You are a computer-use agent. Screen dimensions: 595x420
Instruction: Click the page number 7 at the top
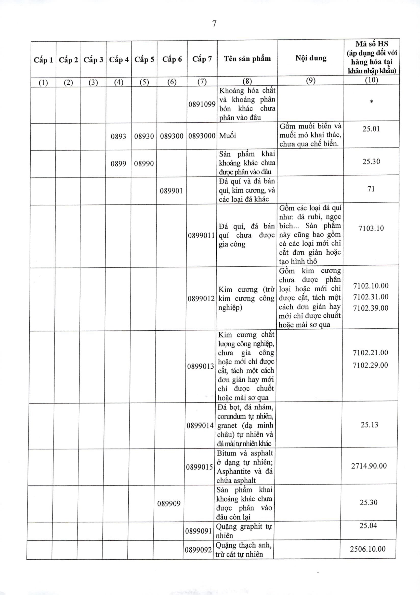(x=214, y=24)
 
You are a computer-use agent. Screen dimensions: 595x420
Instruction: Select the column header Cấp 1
(x=43, y=60)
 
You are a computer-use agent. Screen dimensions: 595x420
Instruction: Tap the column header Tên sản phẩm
(x=247, y=59)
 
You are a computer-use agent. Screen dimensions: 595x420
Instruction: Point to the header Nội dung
(x=311, y=58)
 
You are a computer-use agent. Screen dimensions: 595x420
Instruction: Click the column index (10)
(x=372, y=80)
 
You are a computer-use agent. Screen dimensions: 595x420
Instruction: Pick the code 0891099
(x=202, y=105)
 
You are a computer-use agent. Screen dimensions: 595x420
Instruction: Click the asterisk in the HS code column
(x=372, y=102)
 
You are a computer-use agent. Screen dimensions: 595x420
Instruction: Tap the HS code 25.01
(x=371, y=129)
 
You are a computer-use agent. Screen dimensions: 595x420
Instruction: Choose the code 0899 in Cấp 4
(x=119, y=163)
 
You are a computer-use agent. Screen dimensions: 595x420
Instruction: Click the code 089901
(x=171, y=191)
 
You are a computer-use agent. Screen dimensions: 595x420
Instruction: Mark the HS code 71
(x=371, y=189)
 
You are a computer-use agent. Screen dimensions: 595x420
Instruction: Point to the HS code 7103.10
(x=371, y=228)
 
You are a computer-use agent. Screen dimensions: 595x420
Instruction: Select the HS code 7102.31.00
(x=371, y=297)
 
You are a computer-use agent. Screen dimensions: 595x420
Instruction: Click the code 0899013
(x=201, y=366)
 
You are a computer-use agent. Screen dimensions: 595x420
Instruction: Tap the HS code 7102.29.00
(x=370, y=365)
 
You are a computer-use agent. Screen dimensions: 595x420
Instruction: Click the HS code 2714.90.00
(x=369, y=466)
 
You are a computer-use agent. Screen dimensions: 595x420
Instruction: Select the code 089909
(x=169, y=503)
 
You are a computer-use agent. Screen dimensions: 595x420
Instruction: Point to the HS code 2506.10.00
(x=368, y=549)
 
